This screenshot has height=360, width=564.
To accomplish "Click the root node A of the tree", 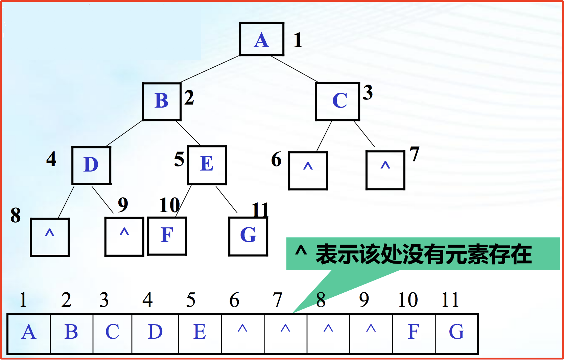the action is point(261,39).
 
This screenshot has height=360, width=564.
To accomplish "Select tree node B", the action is point(162,102).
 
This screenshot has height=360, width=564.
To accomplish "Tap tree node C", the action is point(337,102).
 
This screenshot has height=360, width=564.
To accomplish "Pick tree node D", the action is point(91,165).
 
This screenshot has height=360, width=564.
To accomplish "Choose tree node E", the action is point(207,165).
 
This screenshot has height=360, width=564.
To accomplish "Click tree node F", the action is point(167,236).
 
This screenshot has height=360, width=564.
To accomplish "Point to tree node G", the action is point(248,236).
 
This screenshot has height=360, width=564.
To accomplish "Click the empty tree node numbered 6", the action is point(308,171).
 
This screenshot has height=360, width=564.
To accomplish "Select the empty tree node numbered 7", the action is point(385,170).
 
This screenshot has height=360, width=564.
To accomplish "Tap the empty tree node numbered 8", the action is point(50,237).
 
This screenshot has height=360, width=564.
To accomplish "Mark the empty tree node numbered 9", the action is point(124,237).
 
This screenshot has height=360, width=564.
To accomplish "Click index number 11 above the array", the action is point(450,300).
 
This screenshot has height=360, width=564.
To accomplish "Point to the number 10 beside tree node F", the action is point(169,205).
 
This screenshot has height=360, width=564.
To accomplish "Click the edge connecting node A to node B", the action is point(210,69).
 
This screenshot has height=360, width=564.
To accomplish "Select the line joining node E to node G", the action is point(227,200).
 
